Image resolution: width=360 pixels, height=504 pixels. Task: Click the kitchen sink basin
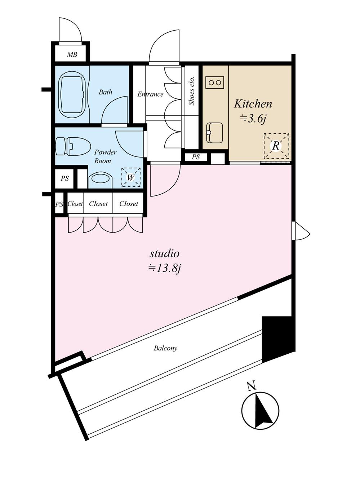click(x=214, y=133)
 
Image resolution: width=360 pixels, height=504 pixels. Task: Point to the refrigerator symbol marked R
click(x=276, y=146)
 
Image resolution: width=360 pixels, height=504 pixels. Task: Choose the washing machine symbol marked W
click(x=131, y=177)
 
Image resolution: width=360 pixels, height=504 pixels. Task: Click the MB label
click(x=72, y=54)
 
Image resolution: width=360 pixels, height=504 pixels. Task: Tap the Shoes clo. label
click(x=192, y=91)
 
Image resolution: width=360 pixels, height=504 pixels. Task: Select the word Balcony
click(x=165, y=349)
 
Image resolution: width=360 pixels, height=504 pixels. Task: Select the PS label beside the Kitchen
click(x=196, y=157)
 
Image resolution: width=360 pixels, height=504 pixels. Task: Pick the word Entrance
click(x=150, y=94)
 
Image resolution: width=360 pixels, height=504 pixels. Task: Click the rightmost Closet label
click(x=129, y=204)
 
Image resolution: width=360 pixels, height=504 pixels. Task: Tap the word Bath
click(x=105, y=92)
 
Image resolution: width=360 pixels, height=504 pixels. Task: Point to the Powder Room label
click(x=105, y=156)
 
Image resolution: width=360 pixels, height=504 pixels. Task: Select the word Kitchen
click(x=253, y=104)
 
